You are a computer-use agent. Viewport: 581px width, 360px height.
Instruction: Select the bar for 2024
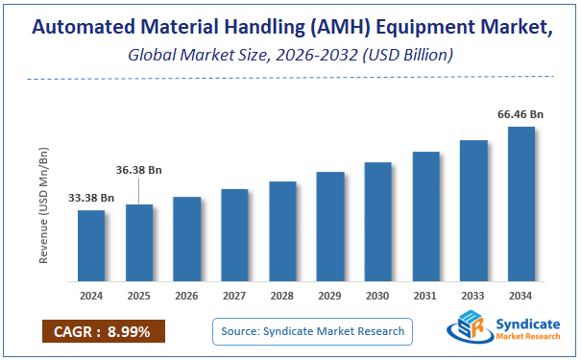91,247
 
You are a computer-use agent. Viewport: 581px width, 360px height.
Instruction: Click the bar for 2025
139,244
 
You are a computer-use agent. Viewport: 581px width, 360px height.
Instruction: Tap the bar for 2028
282,232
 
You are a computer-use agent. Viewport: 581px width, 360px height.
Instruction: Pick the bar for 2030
378,223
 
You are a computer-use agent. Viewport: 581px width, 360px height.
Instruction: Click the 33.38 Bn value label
91,198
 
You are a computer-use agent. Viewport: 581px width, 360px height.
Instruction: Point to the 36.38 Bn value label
138,170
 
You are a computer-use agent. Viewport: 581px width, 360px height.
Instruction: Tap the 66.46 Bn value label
520,114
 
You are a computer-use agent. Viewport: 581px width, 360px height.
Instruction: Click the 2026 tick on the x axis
186,297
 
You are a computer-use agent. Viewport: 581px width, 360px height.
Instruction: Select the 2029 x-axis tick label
330,297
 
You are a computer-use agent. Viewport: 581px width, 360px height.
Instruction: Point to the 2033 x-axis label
473,297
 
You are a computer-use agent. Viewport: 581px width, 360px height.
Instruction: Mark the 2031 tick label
425,297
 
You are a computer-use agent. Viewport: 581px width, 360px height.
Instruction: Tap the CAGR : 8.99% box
103,332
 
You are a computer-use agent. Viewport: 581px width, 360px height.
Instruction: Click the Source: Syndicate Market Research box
312,332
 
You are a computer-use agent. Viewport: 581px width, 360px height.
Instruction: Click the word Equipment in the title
420,28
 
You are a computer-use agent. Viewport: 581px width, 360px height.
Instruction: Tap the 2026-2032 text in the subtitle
317,55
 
